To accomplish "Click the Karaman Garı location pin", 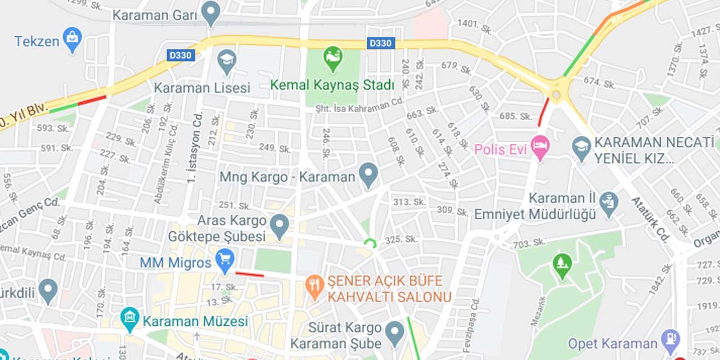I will pyautogui.click(x=211, y=12).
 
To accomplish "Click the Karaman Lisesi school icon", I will pyautogui.click(x=227, y=61).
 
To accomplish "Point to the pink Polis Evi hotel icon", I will pyautogui.click(x=540, y=147).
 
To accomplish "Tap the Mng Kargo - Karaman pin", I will pyautogui.click(x=368, y=175).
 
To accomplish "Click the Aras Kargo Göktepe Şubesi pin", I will pyautogui.click(x=280, y=226).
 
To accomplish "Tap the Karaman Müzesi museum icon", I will pyautogui.click(x=129, y=319).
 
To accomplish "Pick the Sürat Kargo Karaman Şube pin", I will pyautogui.click(x=395, y=332).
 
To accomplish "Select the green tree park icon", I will pyautogui.click(x=562, y=265).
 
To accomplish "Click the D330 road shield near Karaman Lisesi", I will pyautogui.click(x=181, y=55).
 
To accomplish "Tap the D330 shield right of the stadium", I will pyautogui.click(x=381, y=43).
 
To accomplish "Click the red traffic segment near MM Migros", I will pyautogui.click(x=249, y=274).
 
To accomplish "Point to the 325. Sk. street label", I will pyautogui.click(x=401, y=240).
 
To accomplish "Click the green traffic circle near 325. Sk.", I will pyautogui.click(x=370, y=244).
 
